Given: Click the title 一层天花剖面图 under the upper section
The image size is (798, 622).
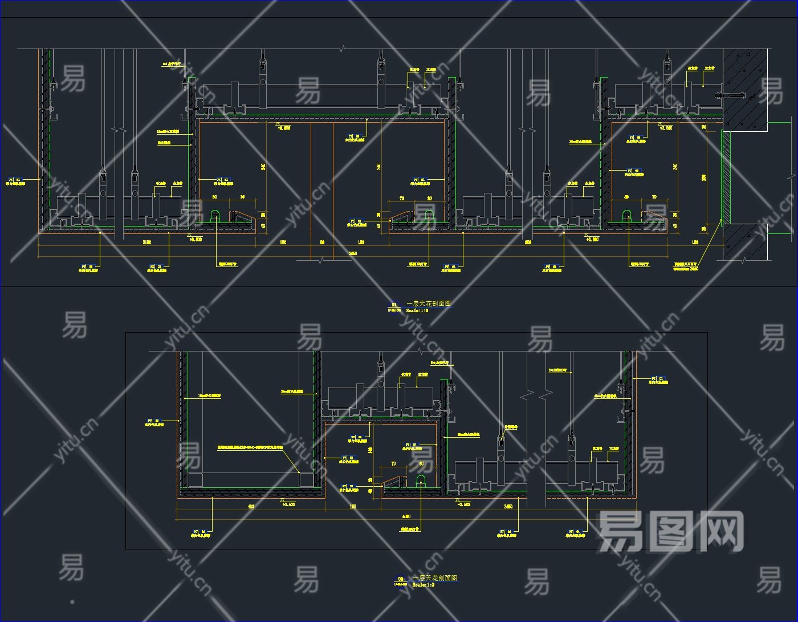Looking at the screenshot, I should coord(428,304).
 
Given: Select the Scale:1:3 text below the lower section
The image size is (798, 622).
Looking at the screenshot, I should coord(423,585).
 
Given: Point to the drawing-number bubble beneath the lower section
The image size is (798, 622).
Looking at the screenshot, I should coord(401,580).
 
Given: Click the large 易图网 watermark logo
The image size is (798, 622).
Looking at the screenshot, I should coord(670,531).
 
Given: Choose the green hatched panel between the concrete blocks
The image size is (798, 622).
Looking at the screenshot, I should coord(727,176).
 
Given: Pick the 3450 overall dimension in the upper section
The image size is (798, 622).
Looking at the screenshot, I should coord(353,253).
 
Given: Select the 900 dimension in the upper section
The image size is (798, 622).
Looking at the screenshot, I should coord(528,243).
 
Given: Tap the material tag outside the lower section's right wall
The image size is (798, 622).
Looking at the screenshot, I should coord(657,380).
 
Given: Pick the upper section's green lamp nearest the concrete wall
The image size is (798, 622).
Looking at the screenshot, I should coord(626,216).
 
